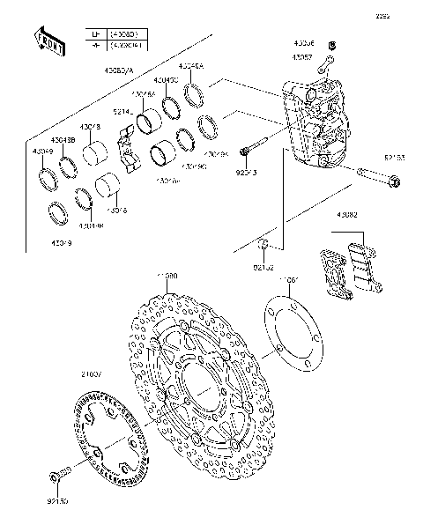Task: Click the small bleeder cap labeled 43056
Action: pos(331,45)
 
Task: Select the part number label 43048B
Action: pos(62,139)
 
